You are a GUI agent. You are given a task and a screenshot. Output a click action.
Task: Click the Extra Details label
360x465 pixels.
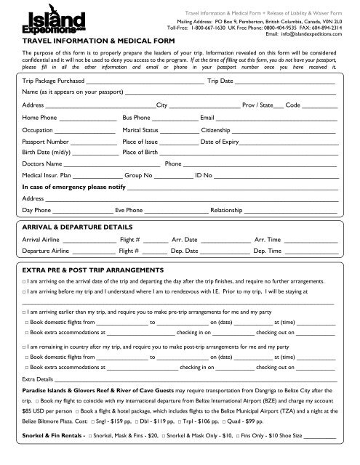(38, 379)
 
